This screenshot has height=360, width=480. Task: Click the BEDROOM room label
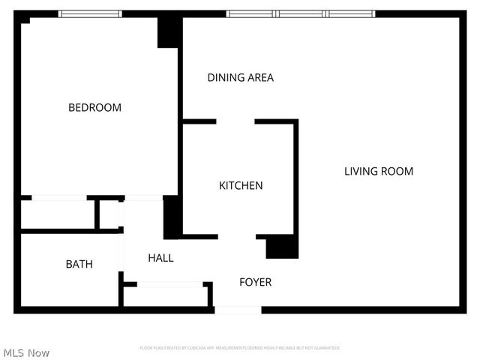[94, 108]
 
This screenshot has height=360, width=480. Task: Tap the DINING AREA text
[240, 77]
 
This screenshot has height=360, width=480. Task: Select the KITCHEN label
[241, 185]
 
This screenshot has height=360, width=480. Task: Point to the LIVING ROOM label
[378, 171]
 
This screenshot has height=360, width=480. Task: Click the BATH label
[79, 264]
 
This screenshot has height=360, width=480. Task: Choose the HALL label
[160, 258]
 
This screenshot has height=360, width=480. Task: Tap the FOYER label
[255, 282]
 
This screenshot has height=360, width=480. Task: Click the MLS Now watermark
[26, 352]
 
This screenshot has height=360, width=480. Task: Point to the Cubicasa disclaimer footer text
[240, 348]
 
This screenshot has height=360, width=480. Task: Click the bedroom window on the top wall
[90, 13]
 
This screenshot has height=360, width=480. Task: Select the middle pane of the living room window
[301, 13]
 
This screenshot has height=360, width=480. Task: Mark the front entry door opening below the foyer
[238, 309]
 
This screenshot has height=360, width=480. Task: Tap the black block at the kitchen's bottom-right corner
[282, 247]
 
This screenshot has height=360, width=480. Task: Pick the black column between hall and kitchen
[172, 217]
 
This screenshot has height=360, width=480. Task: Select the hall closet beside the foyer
[167, 295]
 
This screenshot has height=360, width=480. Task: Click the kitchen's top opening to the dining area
[235, 121]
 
